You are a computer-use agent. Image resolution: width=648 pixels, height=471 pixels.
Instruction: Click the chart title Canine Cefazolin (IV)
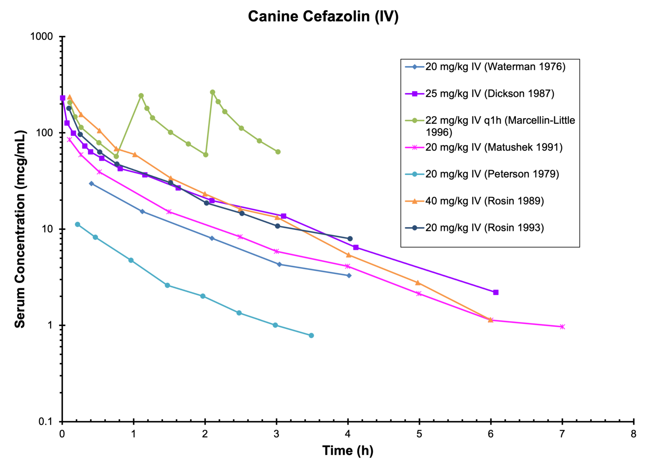click(323, 17)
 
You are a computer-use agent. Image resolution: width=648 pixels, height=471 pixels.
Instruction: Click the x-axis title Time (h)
click(348, 450)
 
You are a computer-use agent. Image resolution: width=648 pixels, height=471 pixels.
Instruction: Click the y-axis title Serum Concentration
click(20, 229)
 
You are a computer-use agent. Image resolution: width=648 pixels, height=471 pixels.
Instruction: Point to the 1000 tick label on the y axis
click(42, 36)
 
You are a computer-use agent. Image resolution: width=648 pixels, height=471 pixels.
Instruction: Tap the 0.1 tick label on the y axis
click(46, 421)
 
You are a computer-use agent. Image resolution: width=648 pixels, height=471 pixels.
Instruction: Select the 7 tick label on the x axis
click(562, 434)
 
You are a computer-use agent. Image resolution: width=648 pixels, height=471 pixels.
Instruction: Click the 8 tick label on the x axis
click(633, 434)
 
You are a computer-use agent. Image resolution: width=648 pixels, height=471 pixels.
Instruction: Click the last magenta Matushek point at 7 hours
click(562, 327)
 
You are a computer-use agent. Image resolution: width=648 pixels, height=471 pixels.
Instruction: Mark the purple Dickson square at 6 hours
click(496, 292)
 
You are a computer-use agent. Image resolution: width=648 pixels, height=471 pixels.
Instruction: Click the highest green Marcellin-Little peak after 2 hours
click(212, 92)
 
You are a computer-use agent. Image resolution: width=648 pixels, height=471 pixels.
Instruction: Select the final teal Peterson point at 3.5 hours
click(311, 336)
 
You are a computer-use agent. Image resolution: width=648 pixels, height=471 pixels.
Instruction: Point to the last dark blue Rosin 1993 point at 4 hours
click(350, 239)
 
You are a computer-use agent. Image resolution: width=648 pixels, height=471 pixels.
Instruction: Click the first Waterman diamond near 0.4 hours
click(91, 183)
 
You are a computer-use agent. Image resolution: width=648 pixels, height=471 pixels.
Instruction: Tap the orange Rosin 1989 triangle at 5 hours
click(418, 283)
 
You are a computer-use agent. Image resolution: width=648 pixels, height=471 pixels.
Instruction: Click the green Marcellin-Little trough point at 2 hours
click(206, 155)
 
